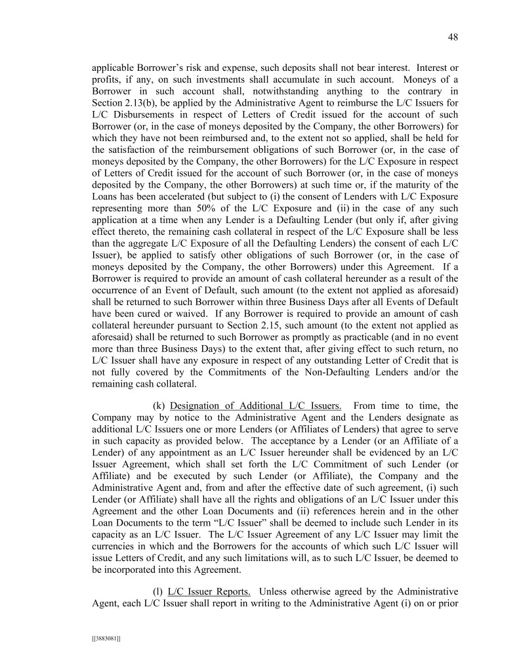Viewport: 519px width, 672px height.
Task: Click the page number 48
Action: point(453,37)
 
